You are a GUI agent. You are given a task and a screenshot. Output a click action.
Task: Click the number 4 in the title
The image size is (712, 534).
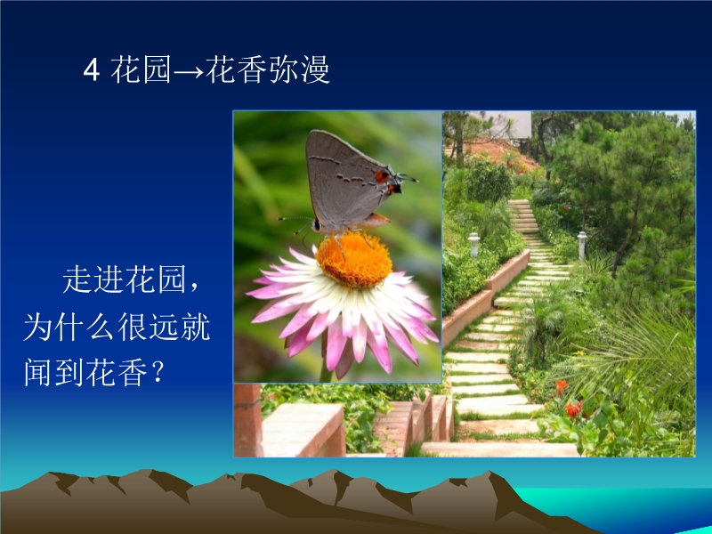point(92,70)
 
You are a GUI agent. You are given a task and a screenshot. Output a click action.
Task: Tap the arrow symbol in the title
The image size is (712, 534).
point(189,72)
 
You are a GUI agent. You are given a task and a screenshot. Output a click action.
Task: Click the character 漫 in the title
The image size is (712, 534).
point(314,70)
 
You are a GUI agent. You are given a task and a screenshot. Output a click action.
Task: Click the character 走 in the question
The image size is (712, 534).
point(77,279)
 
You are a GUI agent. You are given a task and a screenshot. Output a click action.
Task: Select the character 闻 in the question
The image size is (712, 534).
point(38,372)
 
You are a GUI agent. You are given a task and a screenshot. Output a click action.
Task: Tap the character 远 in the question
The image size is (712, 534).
point(164,327)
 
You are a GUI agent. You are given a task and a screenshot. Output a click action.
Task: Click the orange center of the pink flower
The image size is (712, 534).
point(354,259)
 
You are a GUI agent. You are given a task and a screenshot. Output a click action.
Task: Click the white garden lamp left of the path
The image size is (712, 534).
point(473,244)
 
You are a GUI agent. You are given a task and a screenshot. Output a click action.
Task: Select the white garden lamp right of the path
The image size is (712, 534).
point(582,246)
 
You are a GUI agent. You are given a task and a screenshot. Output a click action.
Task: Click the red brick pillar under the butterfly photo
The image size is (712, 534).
point(248,420)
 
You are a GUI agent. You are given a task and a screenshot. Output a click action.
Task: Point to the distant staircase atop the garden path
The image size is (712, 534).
point(523,216)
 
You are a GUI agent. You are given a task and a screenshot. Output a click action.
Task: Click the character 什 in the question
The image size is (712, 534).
point(70,327)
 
